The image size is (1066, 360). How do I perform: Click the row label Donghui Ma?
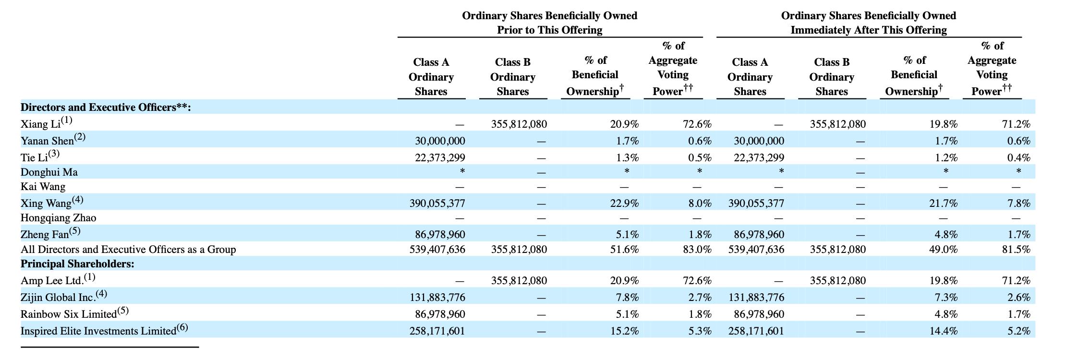[x=49, y=172]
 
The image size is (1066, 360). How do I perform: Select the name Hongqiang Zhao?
[x=58, y=218]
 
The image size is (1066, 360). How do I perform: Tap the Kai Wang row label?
[x=43, y=186]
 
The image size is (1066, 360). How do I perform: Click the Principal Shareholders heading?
[x=77, y=264]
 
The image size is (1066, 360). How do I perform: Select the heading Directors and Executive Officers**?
[x=106, y=107]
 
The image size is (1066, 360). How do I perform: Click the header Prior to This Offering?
[x=549, y=30]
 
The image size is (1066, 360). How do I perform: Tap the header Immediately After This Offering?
[x=869, y=30]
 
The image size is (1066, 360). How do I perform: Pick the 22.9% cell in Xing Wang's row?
[x=624, y=204]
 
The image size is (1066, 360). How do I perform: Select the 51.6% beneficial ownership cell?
[x=624, y=250]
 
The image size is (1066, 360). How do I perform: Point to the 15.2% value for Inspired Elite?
[x=624, y=331]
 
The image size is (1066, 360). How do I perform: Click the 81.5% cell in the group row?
[x=1016, y=250]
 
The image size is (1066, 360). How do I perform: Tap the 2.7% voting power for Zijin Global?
[x=700, y=298]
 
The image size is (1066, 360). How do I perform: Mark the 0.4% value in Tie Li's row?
[x=1018, y=158]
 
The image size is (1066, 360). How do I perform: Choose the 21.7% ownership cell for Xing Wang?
[x=943, y=204]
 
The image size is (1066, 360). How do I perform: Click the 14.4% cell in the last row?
[x=943, y=331]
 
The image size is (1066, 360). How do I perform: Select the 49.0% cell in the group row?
[x=943, y=250]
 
